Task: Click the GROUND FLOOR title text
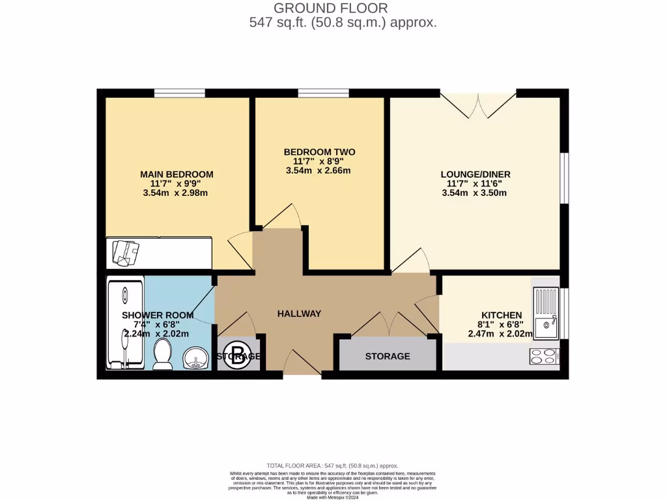coord(330,8)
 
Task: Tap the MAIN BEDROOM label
coord(177,174)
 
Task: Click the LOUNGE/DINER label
coord(475,174)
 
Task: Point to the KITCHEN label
coord(502,314)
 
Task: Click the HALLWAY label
coord(299,313)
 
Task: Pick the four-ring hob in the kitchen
coord(545,357)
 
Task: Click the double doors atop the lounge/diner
coord(479,104)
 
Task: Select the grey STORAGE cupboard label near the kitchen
coord(388,356)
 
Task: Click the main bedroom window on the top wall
coord(179,93)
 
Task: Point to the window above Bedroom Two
coord(324,93)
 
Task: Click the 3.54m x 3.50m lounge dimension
coord(474,193)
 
